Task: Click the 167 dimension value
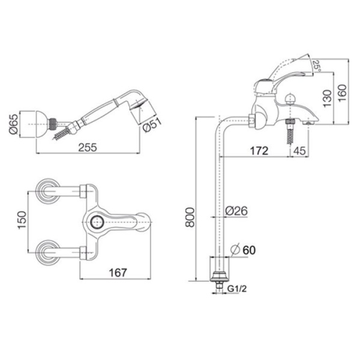118,272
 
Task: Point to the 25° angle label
317,66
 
